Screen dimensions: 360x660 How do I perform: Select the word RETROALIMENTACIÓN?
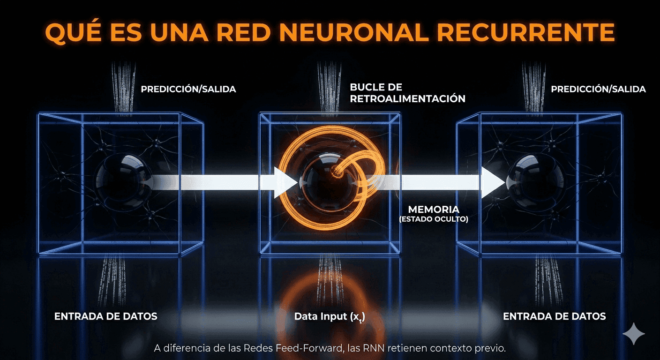click(x=407, y=98)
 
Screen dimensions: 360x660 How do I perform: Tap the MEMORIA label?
click(x=434, y=209)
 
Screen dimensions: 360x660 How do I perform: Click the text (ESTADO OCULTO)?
click(x=434, y=219)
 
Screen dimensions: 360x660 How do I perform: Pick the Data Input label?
click(x=330, y=316)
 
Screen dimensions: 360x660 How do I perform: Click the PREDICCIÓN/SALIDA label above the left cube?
click(x=188, y=89)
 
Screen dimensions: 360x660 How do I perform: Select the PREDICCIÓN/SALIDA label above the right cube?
click(x=598, y=89)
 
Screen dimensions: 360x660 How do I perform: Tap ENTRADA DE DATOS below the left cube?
click(x=106, y=316)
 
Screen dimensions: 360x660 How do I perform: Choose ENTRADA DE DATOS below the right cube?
click(x=554, y=316)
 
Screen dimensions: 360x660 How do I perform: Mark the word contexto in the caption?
click(x=436, y=348)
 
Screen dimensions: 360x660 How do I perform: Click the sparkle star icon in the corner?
click(x=634, y=333)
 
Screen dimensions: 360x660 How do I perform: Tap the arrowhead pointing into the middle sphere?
click(x=285, y=182)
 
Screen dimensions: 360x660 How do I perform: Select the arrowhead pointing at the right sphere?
click(x=493, y=182)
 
